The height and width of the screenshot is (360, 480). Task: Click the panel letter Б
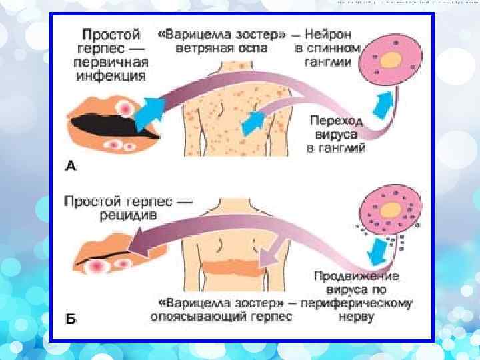[70, 319]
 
